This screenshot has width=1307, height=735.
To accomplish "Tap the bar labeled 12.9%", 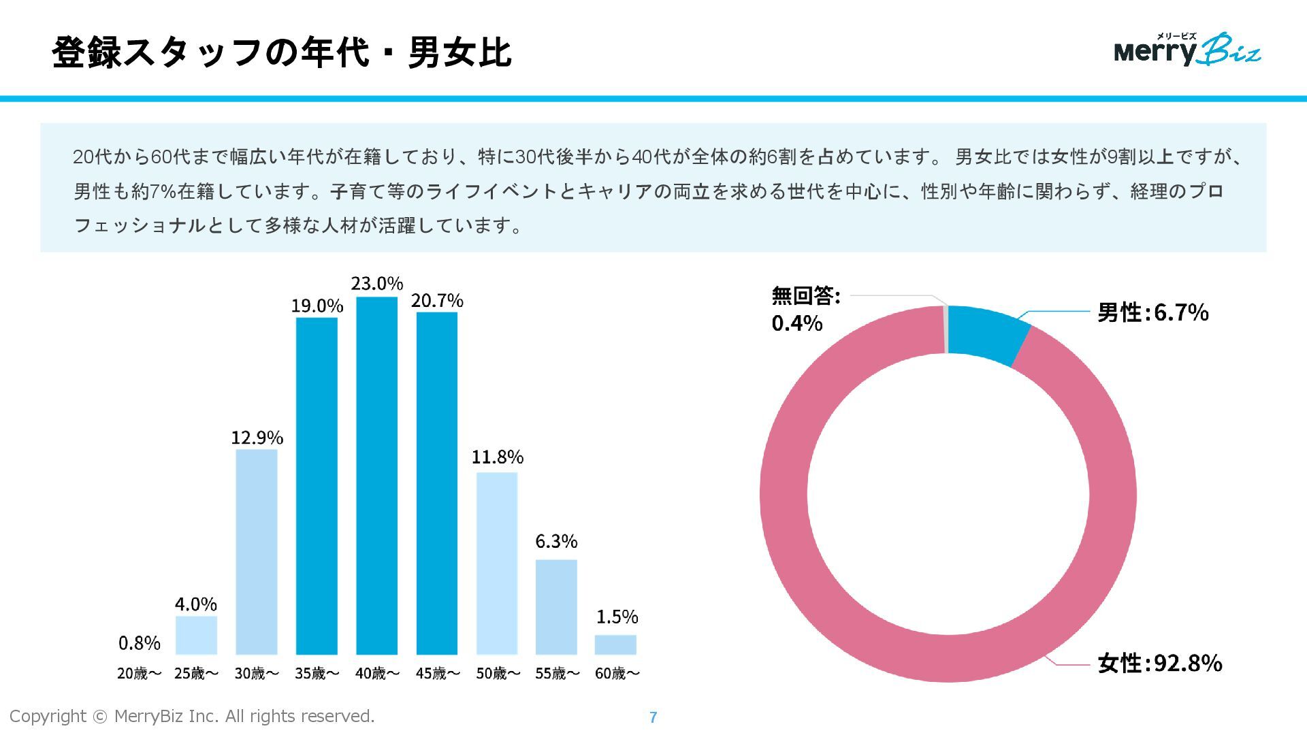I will [x=257, y=551].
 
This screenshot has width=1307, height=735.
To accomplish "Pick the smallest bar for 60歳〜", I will [x=615, y=644].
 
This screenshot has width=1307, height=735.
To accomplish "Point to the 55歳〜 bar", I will [x=556, y=606].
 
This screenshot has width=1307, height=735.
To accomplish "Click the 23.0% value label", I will [x=377, y=283].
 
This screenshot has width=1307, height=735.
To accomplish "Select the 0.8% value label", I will [x=140, y=643].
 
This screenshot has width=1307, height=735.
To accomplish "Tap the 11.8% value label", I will [x=498, y=457].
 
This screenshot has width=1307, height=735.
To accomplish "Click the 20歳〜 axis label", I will [x=140, y=674].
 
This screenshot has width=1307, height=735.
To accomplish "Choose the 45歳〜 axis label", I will [x=438, y=674].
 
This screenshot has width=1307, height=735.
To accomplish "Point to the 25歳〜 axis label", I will [x=197, y=674].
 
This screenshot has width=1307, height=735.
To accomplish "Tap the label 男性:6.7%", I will [x=1152, y=312].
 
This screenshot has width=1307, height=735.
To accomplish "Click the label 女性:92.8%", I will [x=1159, y=663].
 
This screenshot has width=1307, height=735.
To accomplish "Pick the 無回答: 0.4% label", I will [x=805, y=309].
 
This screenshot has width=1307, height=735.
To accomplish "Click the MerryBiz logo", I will [x=1187, y=50].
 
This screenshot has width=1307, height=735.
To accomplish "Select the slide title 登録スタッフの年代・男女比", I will [x=281, y=52].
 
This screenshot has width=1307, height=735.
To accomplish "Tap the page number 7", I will [x=653, y=717].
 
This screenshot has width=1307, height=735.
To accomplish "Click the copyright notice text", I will [x=192, y=716].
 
